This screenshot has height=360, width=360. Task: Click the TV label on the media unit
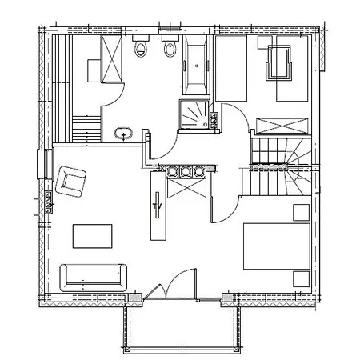pyautogui.click(x=158, y=206)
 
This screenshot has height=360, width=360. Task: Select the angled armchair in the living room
pyautogui.click(x=70, y=182)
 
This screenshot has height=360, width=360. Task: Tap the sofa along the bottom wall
pyautogui.click(x=93, y=278)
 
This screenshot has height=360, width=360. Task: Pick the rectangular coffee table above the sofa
pyautogui.click(x=92, y=236)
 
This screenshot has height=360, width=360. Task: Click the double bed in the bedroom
pyautogui.click(x=277, y=246)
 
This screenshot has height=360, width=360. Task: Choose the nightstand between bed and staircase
pyautogui.click(x=302, y=213)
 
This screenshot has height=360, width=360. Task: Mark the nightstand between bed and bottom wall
pyautogui.click(x=302, y=279)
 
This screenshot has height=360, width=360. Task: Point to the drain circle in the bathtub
pyautogui.click(x=197, y=66)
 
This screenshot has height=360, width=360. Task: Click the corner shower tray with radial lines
pyautogui.click(x=194, y=114)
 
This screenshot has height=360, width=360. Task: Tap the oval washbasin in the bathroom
pyautogui.click(x=123, y=134)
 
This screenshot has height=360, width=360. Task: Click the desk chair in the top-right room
pyautogui.click(x=278, y=62)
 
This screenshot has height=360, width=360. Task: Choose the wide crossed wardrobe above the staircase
pyautogui.click(x=282, y=126)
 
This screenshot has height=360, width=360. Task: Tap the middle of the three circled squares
pyautogui.click(x=185, y=171)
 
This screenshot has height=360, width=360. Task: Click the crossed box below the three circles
pyautogui.click(x=186, y=188)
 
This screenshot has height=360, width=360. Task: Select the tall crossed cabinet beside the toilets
pyautogui.click(x=111, y=58)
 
